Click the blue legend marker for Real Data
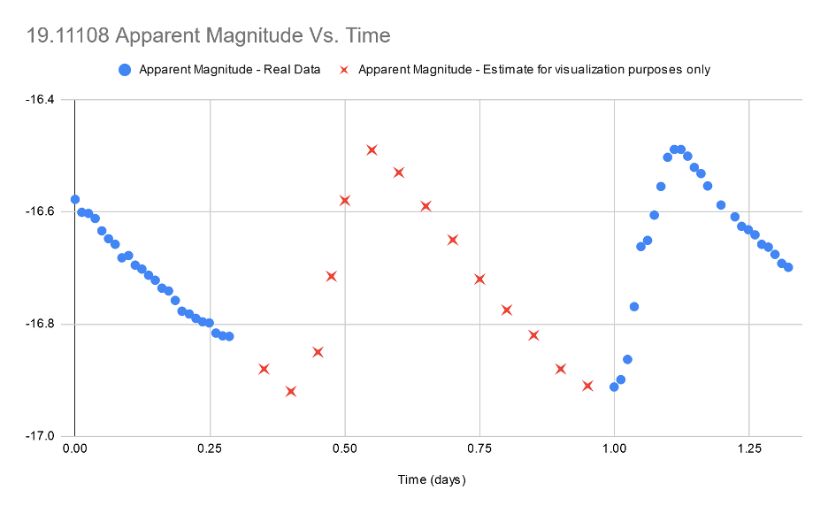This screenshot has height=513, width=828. point(125,70)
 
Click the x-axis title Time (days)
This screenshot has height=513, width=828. point(431,480)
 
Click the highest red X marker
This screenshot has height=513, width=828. point(372,150)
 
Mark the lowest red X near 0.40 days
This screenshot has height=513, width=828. point(291,391)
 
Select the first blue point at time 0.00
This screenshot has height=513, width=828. point(75,199)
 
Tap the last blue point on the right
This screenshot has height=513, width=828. point(788,267)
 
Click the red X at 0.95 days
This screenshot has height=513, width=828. point(587,386)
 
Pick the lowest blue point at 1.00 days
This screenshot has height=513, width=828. point(614,387)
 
